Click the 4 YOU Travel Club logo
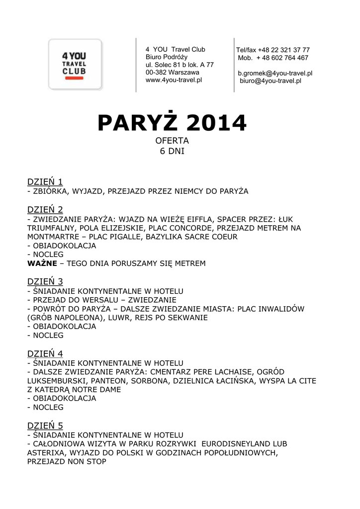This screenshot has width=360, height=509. coord(75,65)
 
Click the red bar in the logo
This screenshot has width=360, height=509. coord(74,79)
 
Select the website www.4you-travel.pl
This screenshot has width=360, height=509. coord(173,81)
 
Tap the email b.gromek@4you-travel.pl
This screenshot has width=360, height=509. coord(275,73)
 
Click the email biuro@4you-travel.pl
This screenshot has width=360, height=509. coord(270,81)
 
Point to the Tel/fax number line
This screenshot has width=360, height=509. coord(272,50)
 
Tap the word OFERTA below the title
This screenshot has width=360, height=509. coord(172,141)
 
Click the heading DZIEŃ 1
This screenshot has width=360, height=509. coord(45,182)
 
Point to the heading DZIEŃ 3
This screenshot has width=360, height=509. coord(45,281)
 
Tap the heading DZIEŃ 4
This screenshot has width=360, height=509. coord(45,353)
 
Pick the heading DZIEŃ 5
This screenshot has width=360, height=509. coord(45,425)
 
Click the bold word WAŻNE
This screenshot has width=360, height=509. coord(43,263)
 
